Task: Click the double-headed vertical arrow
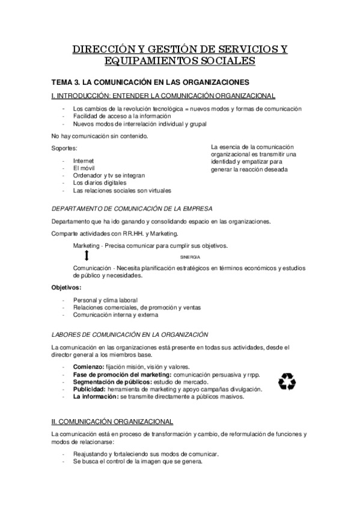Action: click(x=87, y=256)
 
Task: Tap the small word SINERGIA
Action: click(x=191, y=257)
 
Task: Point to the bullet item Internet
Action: click(x=84, y=161)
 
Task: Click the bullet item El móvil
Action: click(x=84, y=168)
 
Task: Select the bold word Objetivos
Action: click(x=67, y=287)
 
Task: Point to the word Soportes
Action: click(x=65, y=148)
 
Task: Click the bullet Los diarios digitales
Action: click(x=100, y=183)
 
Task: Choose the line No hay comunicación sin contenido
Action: click(x=100, y=135)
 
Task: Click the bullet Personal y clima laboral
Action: click(x=105, y=300)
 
